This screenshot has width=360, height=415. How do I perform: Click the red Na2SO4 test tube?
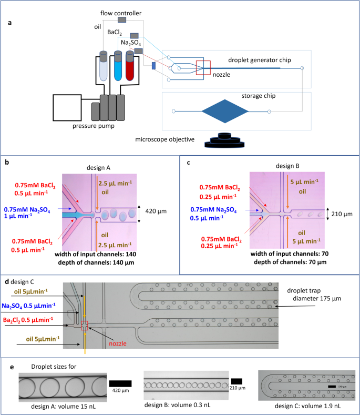coord(130,67)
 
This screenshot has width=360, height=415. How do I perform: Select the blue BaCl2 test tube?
coord(117,67)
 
